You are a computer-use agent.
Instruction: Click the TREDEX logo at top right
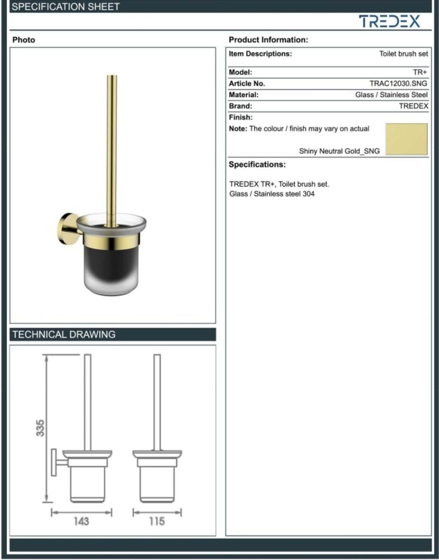pos(389,21)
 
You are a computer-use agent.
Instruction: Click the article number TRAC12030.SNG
pos(398,83)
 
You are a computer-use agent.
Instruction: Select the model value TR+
pos(420,72)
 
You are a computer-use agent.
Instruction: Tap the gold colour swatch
pos(407,139)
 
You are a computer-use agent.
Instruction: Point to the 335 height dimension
pos(40,428)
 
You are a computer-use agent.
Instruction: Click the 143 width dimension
pos(81,521)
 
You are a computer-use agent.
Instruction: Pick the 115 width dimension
pos(157,521)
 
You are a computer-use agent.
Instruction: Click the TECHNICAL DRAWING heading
pos(64,335)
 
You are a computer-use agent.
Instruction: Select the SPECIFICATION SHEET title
pos(66,6)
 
